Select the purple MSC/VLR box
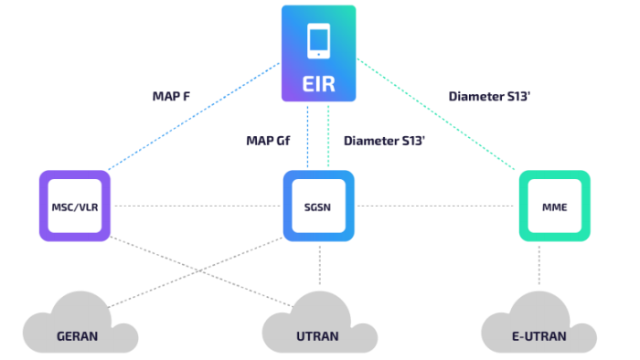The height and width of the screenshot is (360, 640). [75, 206]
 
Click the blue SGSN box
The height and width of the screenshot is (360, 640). [319, 206]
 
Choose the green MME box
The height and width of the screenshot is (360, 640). [554, 206]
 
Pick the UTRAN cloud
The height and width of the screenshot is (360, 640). [319, 326]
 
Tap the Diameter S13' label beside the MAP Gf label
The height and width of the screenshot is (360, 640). [384, 141]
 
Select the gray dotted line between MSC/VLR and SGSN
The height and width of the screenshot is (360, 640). [197, 206]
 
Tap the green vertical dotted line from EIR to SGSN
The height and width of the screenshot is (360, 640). [330, 137]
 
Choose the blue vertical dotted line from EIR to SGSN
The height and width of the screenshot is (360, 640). [308, 137]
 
